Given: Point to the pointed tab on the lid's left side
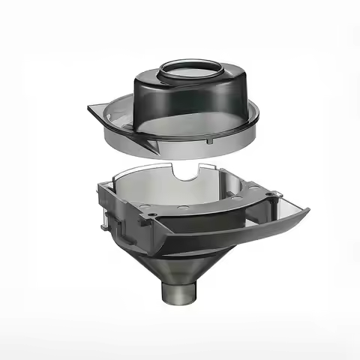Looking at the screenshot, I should pos(94,112).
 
